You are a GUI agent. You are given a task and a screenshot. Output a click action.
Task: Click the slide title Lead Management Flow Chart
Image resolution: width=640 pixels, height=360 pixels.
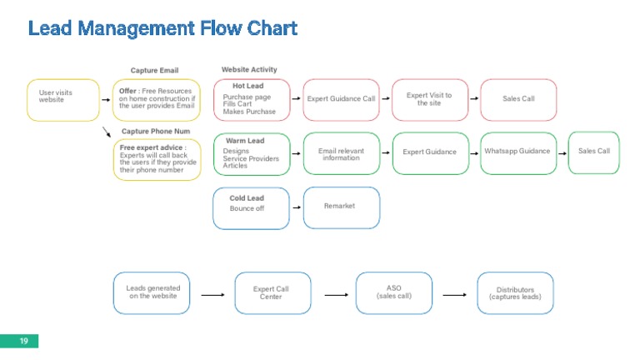tap(162, 28)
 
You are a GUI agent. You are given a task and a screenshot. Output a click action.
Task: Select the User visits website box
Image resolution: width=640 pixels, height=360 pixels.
tap(63, 99)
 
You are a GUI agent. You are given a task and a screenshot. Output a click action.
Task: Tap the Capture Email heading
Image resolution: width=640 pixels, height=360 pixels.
tap(154, 71)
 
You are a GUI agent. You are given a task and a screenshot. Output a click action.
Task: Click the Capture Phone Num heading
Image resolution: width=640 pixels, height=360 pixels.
tap(156, 132)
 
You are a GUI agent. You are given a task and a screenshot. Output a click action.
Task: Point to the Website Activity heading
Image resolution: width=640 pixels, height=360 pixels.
tap(249, 70)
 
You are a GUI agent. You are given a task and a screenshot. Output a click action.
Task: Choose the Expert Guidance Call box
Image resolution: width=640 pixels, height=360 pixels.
tap(341, 99)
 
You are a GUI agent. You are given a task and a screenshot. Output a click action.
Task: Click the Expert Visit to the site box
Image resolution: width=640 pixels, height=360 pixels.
tap(429, 99)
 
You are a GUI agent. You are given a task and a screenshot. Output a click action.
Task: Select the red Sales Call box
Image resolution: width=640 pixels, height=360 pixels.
tap(518, 99)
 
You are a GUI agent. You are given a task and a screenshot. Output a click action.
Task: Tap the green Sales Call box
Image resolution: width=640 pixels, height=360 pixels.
tap(594, 152)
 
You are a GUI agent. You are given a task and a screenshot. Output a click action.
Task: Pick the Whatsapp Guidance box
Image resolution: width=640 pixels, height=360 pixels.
tap(517, 152)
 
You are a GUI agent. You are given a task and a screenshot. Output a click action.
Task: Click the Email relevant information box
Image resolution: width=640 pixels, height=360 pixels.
tap(341, 154)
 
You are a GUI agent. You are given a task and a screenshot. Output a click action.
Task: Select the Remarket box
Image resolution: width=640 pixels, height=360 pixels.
tap(340, 206)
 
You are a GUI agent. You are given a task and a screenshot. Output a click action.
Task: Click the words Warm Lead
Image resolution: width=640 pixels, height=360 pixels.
tap(245, 141)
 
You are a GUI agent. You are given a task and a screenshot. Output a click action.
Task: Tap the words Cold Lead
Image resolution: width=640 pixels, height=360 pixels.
tap(247, 198)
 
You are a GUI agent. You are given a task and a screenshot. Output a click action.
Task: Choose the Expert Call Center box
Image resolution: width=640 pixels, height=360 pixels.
tap(272, 293)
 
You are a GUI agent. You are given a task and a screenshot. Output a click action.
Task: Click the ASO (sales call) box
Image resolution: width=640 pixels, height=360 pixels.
tap(394, 292)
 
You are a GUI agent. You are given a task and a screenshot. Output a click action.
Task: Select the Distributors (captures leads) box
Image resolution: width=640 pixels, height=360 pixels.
tap(515, 293)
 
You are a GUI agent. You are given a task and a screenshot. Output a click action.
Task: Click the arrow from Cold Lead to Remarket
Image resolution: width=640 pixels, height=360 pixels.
tap(297, 206)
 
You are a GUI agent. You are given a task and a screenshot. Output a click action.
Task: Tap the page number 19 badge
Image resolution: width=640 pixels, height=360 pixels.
tap(23, 342)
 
